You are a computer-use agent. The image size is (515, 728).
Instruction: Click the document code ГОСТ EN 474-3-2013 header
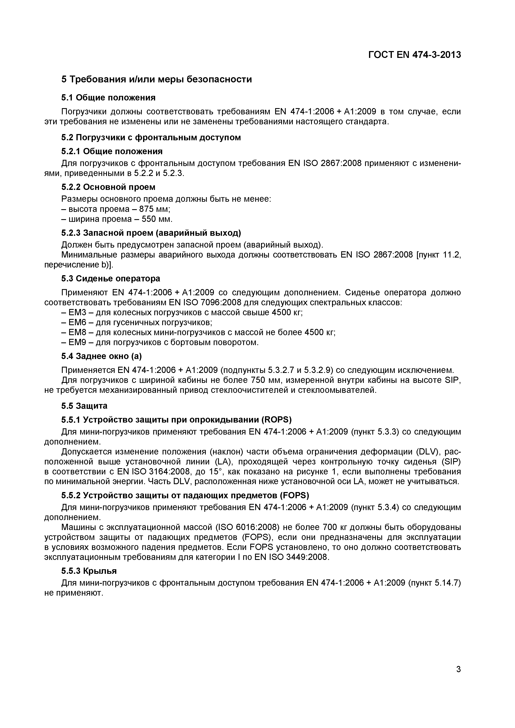414,55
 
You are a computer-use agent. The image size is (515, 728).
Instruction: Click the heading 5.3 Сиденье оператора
111,279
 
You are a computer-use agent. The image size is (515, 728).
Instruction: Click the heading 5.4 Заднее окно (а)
102,356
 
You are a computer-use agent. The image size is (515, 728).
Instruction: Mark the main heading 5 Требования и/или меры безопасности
157,79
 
